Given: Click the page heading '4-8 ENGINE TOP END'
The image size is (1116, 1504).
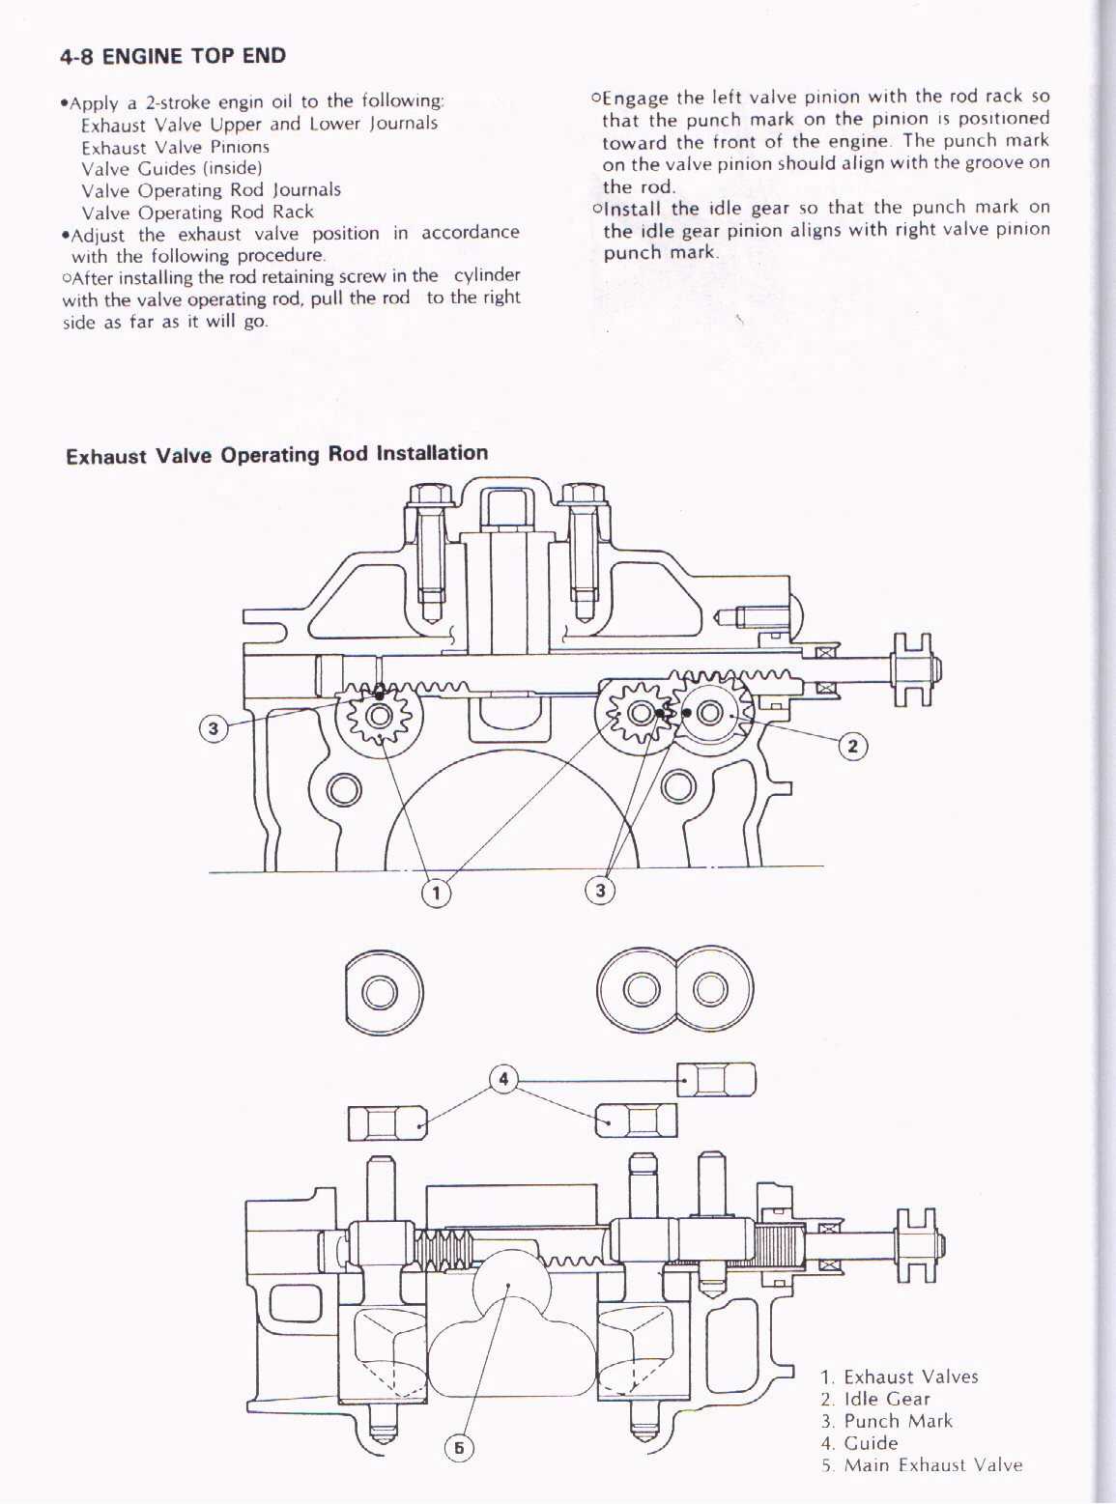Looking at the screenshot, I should point(173,56).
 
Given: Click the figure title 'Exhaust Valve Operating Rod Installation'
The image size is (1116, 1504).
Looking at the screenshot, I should point(277,454).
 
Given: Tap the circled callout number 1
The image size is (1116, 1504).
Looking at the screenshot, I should point(436,892).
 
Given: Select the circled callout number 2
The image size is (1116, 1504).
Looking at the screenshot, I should point(852,746).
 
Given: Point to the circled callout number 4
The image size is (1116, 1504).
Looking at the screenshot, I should point(503,1078).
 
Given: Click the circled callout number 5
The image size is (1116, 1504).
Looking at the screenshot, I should point(459,1446).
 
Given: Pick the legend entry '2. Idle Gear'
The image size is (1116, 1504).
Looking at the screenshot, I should point(875,1399).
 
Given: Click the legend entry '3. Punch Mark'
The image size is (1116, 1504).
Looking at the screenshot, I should point(887,1421).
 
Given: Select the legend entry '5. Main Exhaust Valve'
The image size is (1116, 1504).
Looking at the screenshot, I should point(922,1465).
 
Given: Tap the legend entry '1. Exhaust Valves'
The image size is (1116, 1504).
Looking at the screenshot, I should point(900,1376).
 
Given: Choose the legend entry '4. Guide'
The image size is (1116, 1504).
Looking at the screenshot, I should point(860,1443).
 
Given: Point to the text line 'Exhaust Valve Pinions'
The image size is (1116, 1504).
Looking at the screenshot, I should point(175,147).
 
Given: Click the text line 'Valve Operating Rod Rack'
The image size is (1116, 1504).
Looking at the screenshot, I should point(197,213).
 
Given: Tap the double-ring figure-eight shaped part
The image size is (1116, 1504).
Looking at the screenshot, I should point(674,990).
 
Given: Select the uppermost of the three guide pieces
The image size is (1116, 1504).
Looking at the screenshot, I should point(716,1078).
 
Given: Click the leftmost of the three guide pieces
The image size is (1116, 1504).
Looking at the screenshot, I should point(387,1123).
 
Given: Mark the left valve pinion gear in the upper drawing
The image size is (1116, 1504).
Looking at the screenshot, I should point(379,716).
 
